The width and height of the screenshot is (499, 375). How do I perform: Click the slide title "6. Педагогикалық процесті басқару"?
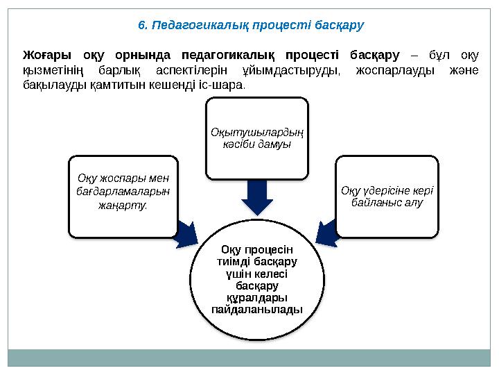(x=250, y=25)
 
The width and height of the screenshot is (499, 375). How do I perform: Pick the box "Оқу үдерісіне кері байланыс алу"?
(x=387, y=196)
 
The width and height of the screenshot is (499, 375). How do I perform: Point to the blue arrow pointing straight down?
(x=256, y=197)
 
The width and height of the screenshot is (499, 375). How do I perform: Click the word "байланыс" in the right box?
(x=374, y=203)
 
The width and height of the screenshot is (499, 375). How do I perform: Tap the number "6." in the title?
(x=142, y=25)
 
